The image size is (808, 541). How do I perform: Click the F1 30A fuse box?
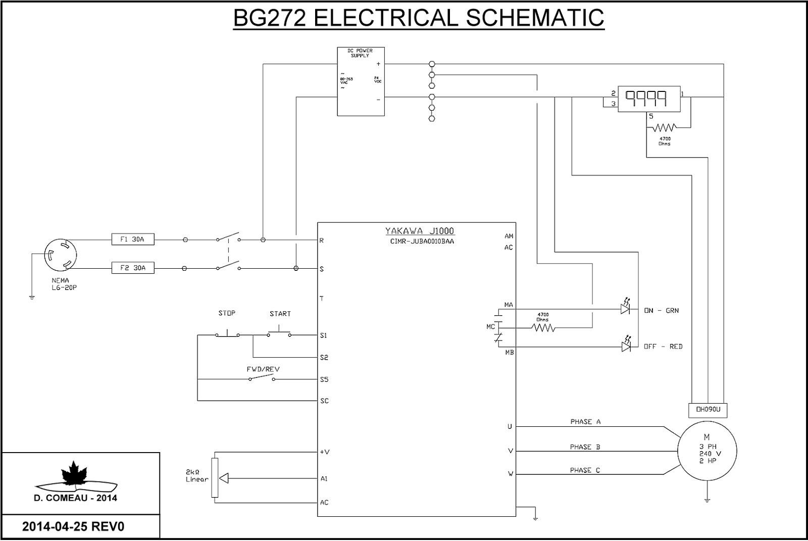point(132,239)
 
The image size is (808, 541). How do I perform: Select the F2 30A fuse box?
point(132,268)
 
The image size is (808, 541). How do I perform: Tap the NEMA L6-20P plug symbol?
point(60,256)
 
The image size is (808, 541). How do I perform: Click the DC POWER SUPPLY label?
point(360,53)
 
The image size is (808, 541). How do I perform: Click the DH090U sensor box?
point(708,410)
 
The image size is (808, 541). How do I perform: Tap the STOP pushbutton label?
point(227,313)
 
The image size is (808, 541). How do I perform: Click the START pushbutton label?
point(280,314)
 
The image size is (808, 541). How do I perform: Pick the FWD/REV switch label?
point(263,369)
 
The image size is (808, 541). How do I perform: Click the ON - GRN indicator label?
point(662,311)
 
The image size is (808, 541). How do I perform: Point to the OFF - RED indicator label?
point(663,347)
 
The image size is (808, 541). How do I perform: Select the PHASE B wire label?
point(585,447)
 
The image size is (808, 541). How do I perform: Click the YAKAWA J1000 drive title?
point(420,231)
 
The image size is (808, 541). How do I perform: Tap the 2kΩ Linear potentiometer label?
point(197,476)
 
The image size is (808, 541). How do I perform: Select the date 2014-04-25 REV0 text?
point(73,527)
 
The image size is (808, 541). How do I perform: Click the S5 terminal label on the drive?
point(324,379)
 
